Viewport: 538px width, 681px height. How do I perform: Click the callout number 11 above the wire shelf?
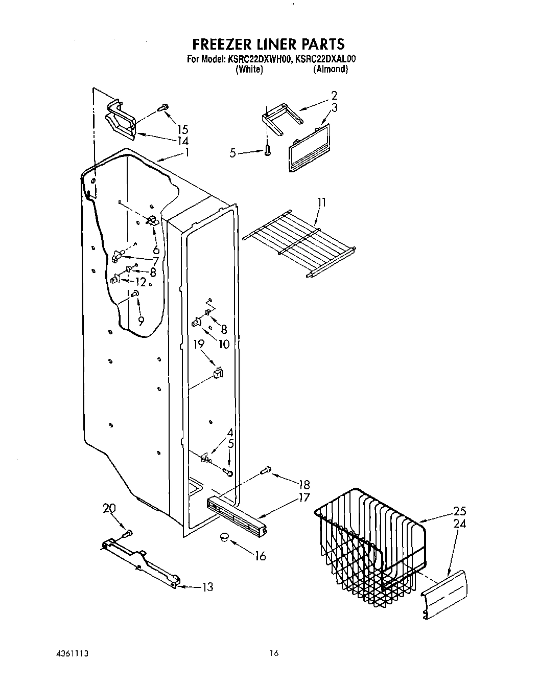pyautogui.click(x=321, y=202)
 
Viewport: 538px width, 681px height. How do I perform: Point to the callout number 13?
pyautogui.click(x=207, y=587)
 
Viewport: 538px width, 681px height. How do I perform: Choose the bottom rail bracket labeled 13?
pyautogui.click(x=141, y=562)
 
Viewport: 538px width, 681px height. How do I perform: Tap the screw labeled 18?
pyautogui.click(x=266, y=470)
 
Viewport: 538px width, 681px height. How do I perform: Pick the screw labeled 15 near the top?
pyautogui.click(x=162, y=107)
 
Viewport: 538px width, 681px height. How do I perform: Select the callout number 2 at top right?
pyautogui.click(x=334, y=95)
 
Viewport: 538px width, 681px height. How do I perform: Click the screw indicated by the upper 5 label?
pyautogui.click(x=267, y=150)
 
